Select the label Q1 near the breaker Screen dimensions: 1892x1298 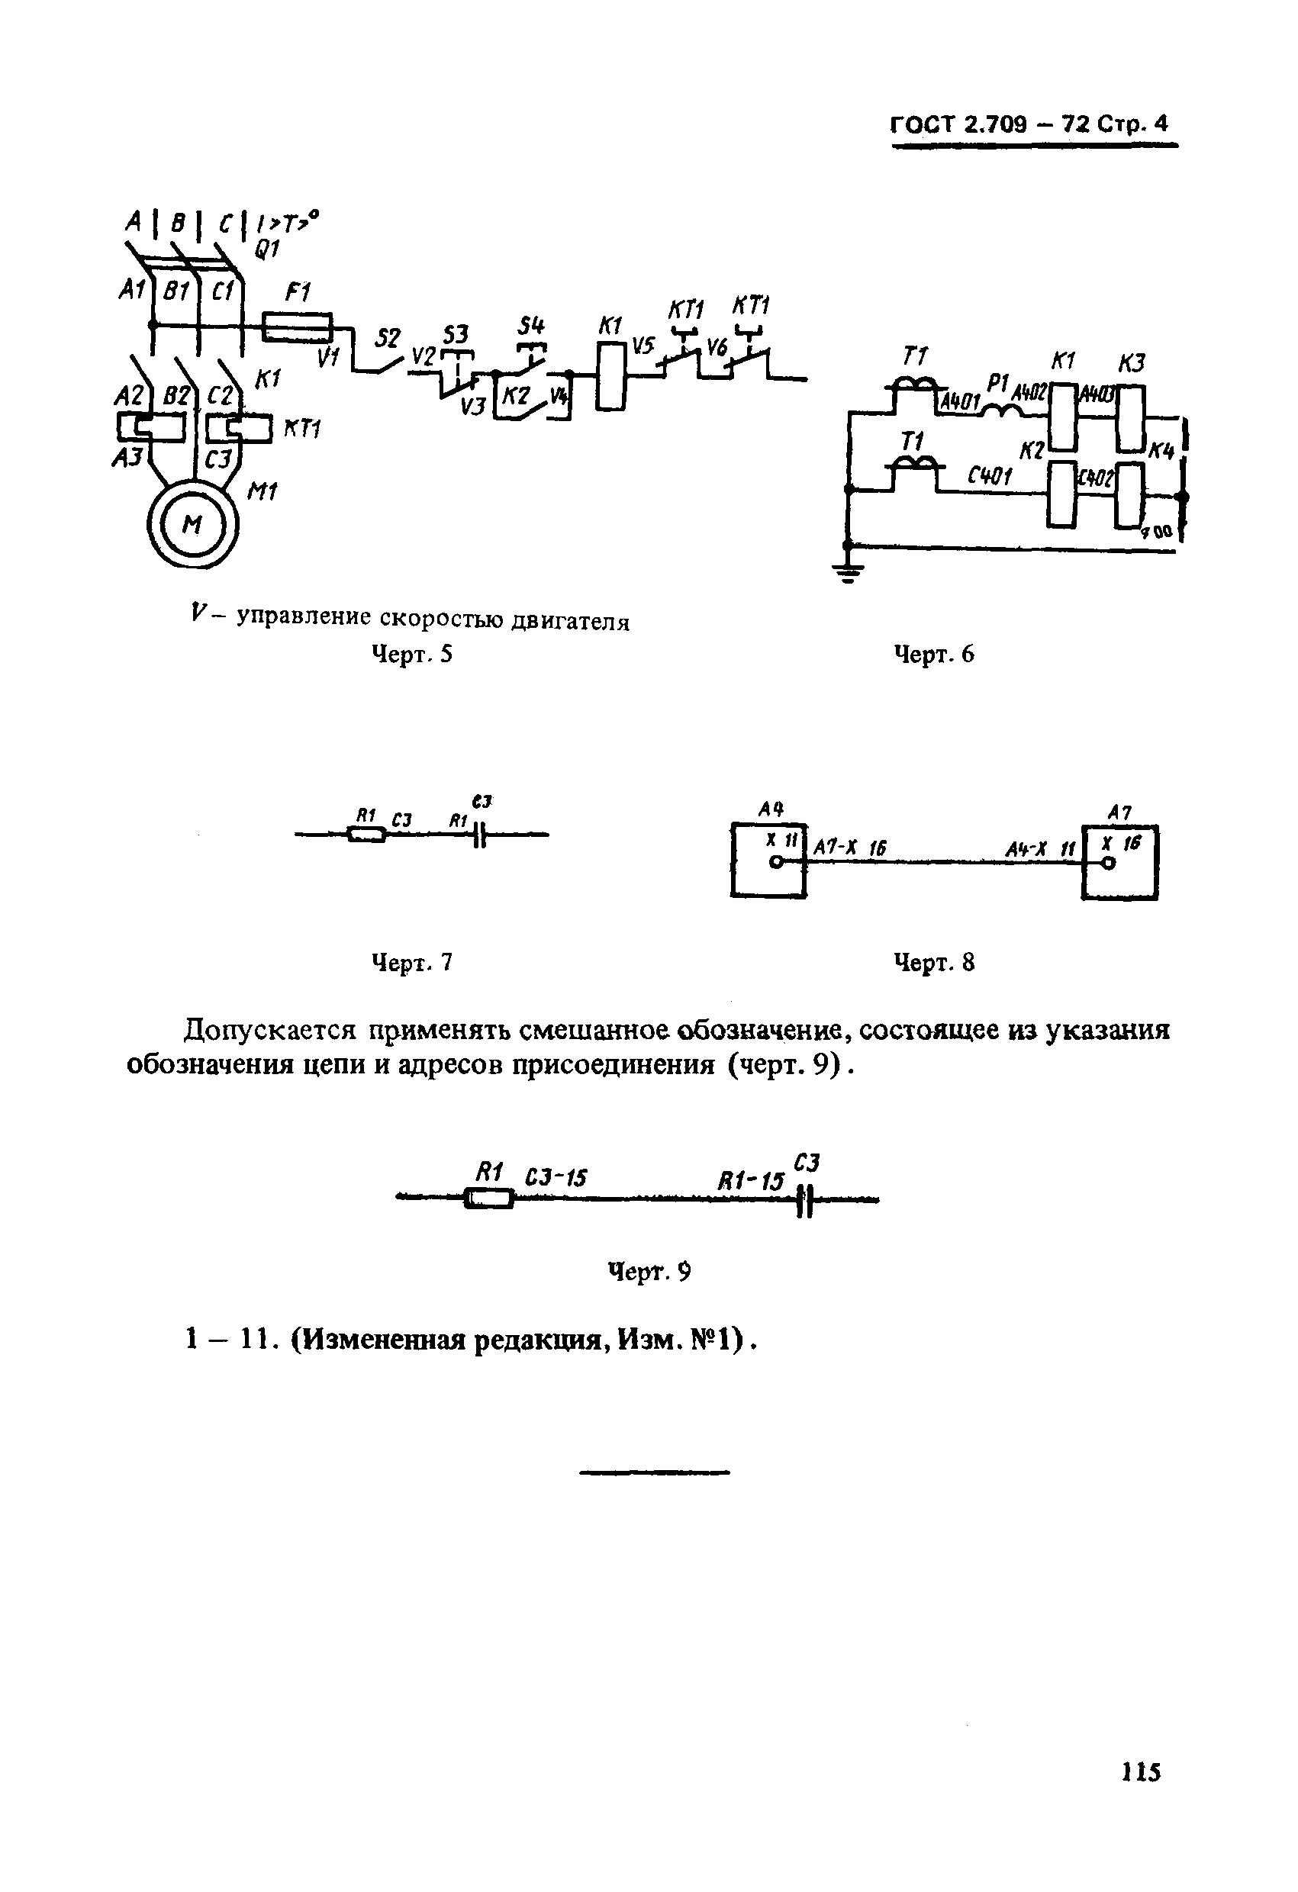pyautogui.click(x=266, y=250)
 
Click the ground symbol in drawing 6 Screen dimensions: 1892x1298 pyautogui.click(x=848, y=574)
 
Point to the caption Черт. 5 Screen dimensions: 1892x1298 pyautogui.click(x=411, y=654)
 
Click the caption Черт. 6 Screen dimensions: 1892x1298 pyautogui.click(x=933, y=654)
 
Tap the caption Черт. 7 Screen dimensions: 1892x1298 pyautogui.click(x=411, y=962)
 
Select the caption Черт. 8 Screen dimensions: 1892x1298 pyautogui.click(x=933, y=962)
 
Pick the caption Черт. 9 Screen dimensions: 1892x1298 pyautogui.click(x=650, y=1271)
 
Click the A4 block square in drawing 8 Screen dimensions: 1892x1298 pyautogui.click(x=768, y=861)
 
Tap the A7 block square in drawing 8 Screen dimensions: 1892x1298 pyautogui.click(x=1119, y=862)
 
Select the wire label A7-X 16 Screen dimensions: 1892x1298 pyautogui.click(x=849, y=849)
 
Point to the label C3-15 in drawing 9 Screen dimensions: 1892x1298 pyautogui.click(x=556, y=1178)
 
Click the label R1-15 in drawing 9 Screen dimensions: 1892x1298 pyautogui.click(x=750, y=1181)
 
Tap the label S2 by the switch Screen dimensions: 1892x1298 pyautogui.click(x=388, y=338)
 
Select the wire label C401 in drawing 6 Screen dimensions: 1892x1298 pyautogui.click(x=988, y=476)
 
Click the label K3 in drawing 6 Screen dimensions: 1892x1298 pyautogui.click(x=1131, y=362)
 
